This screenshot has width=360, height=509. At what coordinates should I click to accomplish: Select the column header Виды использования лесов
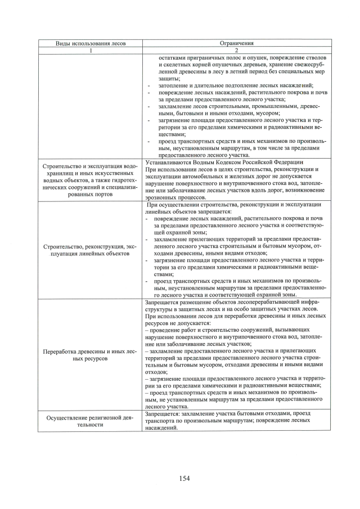[x=90, y=43]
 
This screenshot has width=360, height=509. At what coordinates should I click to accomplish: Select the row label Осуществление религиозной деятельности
[x=90, y=421]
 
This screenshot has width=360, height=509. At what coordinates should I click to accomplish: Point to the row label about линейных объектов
[x=90, y=250]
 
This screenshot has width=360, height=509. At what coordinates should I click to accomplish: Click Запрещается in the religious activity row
[x=163, y=413]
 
